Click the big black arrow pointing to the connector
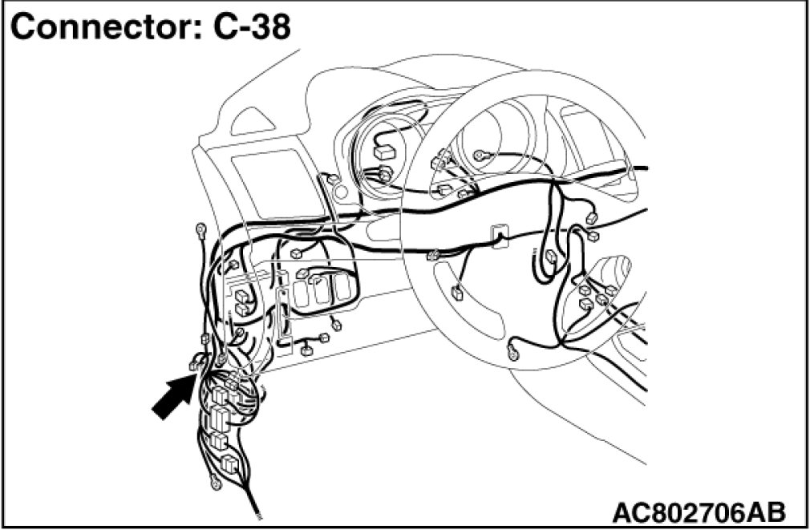tap(171, 398)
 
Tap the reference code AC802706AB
tap(698, 511)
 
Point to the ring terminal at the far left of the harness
tap(200, 231)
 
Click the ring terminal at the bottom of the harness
tap(214, 483)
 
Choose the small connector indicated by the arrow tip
tap(195, 366)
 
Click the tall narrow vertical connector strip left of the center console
tap(282, 318)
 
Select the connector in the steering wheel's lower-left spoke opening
tap(457, 292)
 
